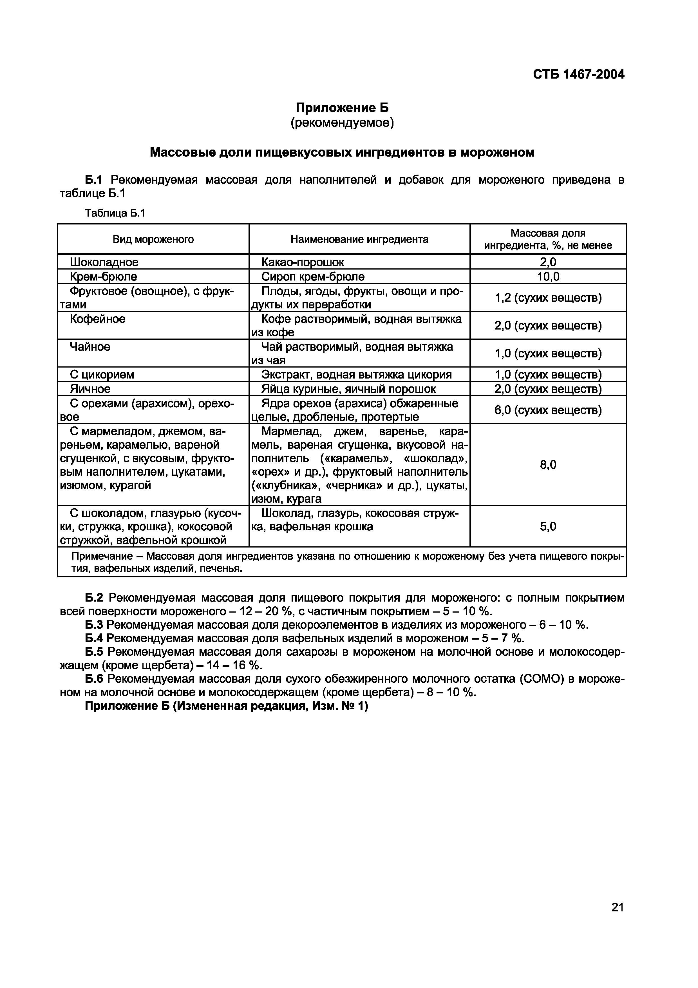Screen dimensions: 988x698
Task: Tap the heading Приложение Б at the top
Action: point(342,108)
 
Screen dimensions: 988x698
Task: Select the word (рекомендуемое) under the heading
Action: point(342,123)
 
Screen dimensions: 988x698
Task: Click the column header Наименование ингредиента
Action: point(359,239)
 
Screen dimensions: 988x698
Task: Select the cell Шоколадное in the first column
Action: point(104,262)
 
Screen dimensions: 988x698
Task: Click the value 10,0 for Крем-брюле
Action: point(548,277)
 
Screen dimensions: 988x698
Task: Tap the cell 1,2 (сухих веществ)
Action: point(548,298)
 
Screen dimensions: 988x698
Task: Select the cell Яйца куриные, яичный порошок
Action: point(348,389)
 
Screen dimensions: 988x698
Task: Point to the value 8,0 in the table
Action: point(548,465)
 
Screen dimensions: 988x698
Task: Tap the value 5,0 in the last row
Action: point(548,527)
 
